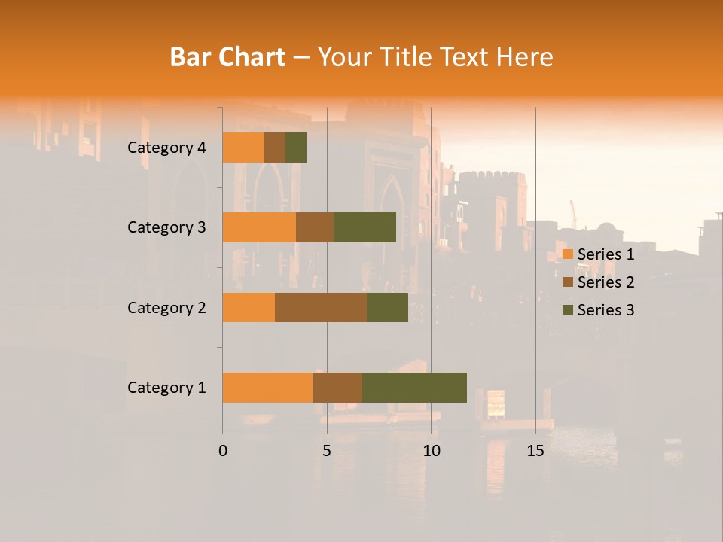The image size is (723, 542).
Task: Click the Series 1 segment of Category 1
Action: (267, 388)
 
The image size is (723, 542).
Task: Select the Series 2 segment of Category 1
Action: (337, 388)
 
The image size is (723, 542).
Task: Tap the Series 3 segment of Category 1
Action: (414, 388)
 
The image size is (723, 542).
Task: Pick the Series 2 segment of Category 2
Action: (321, 307)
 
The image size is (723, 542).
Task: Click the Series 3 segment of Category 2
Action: (387, 307)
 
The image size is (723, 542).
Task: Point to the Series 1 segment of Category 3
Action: (259, 227)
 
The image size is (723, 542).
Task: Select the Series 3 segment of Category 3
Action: (365, 227)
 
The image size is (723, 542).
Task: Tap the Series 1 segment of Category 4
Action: (243, 148)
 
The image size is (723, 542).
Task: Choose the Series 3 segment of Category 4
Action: (296, 148)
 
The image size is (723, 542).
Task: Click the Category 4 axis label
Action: (166, 148)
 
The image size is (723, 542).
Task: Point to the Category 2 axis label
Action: (166, 307)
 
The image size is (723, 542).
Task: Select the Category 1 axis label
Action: (166, 388)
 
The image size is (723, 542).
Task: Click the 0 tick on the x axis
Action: (223, 451)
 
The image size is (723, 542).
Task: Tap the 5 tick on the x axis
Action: (327, 451)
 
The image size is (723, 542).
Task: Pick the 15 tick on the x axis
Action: (535, 451)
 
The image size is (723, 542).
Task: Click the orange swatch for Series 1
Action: (568, 254)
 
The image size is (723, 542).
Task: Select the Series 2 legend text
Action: (606, 282)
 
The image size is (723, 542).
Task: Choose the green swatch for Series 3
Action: (568, 310)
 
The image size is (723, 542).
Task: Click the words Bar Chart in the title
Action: (227, 56)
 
